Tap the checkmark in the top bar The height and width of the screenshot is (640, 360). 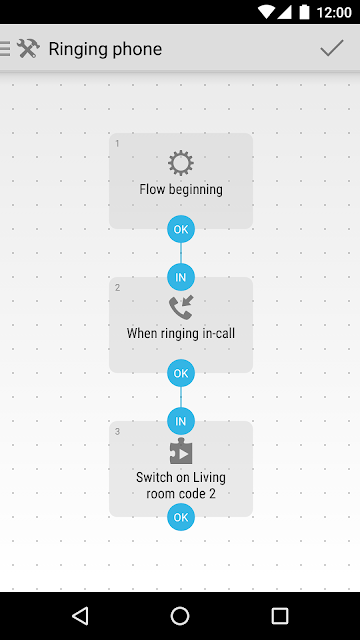coord(332,48)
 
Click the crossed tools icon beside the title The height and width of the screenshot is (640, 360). coord(28,49)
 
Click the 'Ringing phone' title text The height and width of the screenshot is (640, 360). coord(105,49)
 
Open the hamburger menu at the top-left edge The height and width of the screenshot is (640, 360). coord(5,48)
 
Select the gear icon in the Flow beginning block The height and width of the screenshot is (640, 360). coord(181,163)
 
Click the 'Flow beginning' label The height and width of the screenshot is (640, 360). coord(181,189)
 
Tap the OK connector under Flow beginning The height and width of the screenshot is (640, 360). coord(181,229)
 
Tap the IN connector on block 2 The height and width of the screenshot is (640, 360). coord(181,277)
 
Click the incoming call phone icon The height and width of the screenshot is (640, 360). coord(181,307)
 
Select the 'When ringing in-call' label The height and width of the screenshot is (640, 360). coord(181,333)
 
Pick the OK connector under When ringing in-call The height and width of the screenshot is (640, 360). coord(181,373)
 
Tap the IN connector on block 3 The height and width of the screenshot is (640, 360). coord(181,421)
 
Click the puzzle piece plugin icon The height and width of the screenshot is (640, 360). coord(181,451)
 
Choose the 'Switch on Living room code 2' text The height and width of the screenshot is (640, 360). coord(181,485)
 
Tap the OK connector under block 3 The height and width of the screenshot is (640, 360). coord(181,517)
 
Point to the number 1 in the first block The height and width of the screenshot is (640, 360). coord(117,144)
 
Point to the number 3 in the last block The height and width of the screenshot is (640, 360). coord(117,431)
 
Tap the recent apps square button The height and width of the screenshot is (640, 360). coord(280,616)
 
